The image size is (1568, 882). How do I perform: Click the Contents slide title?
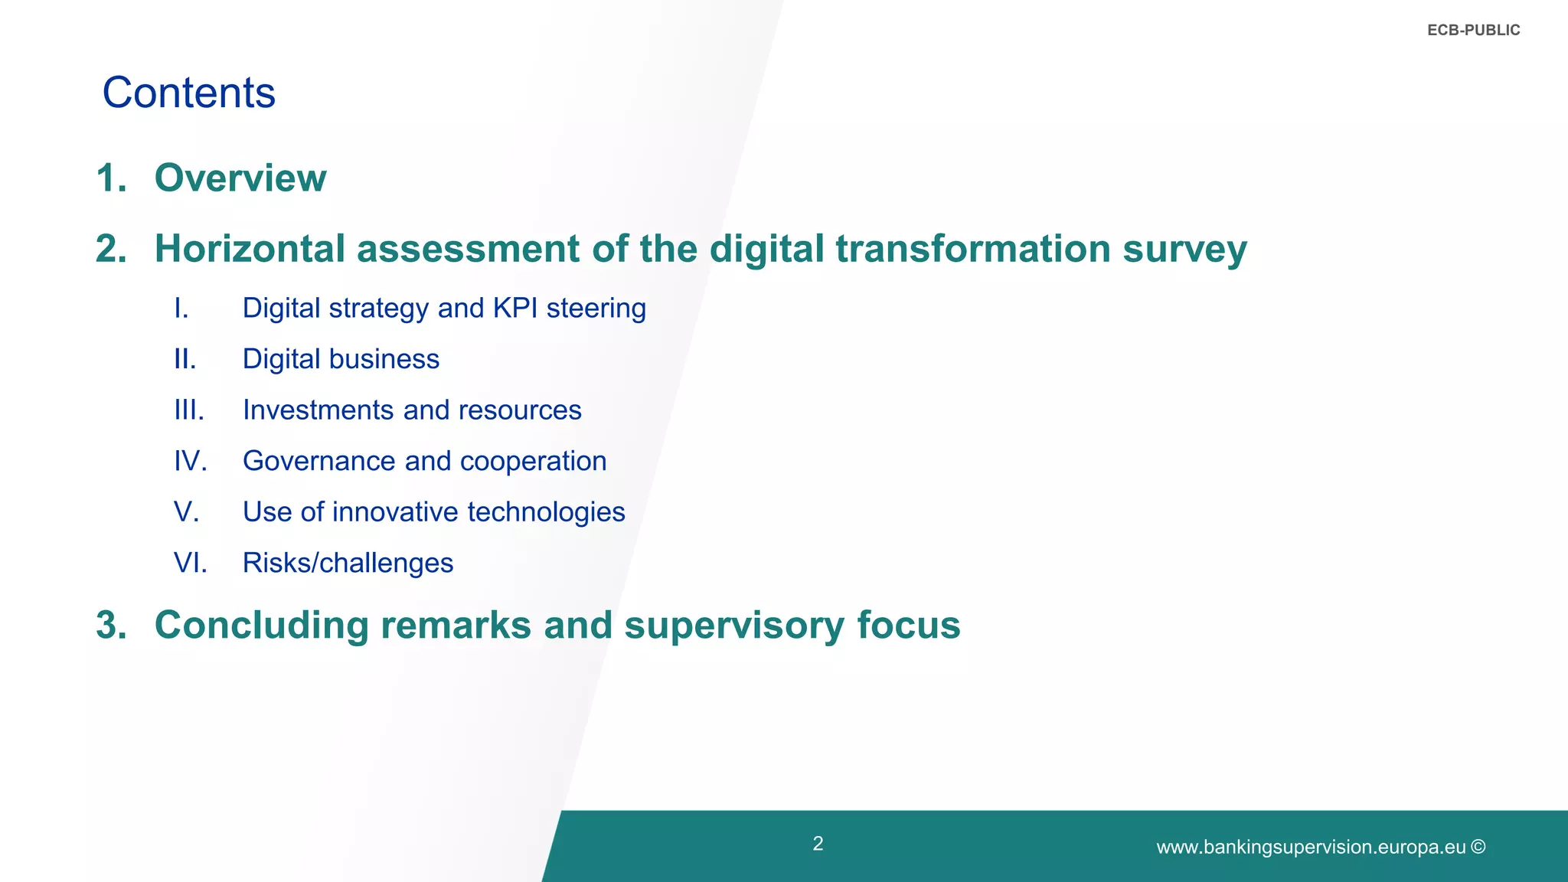(x=188, y=93)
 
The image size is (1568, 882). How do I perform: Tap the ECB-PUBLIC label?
(x=1473, y=31)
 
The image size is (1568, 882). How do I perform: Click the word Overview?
(x=240, y=178)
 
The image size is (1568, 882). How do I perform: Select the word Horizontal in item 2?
(x=250, y=249)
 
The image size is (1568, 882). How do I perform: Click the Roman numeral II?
(x=185, y=359)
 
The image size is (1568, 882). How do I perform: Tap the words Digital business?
(x=341, y=359)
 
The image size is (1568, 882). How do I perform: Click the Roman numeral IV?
(x=190, y=461)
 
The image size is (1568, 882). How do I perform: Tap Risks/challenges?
(x=348, y=563)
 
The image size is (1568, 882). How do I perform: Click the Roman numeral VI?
(x=190, y=563)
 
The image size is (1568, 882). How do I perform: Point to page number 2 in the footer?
(x=818, y=844)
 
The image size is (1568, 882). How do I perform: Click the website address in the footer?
(x=1310, y=848)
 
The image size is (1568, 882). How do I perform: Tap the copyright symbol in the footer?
(x=1478, y=847)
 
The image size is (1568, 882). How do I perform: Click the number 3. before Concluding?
(x=111, y=626)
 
